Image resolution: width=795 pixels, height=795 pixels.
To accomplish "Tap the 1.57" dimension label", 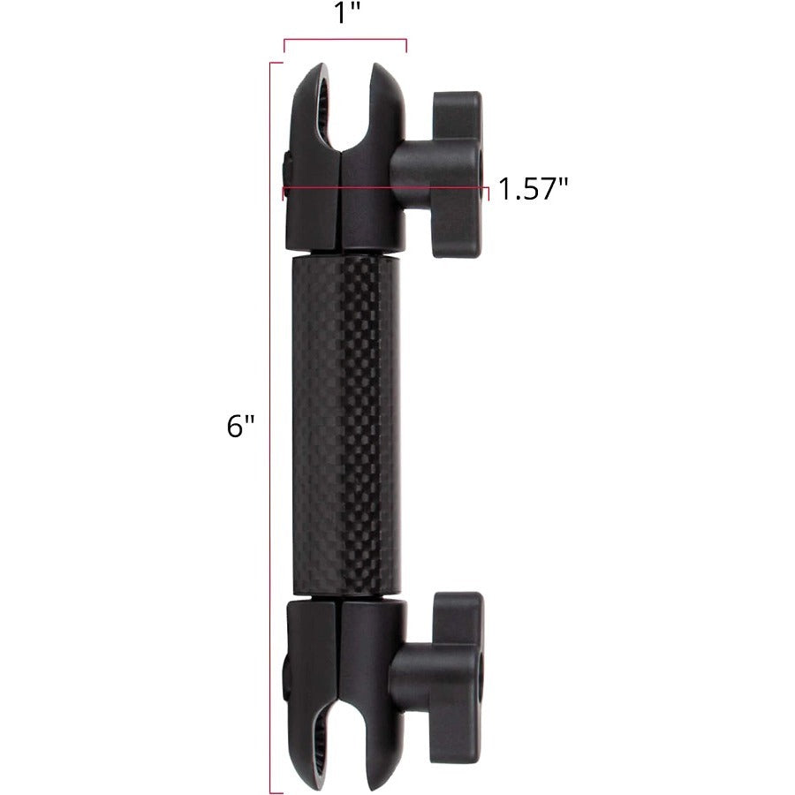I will point(533,189).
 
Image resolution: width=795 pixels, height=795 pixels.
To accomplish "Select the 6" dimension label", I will point(240,426).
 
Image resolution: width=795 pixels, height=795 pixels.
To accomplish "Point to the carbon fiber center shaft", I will point(344,424).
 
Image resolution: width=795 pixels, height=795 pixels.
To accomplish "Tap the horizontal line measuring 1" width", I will point(344,40).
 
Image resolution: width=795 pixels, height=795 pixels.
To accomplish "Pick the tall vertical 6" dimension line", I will point(270,424).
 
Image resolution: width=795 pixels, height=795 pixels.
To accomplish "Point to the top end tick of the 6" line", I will point(276,64).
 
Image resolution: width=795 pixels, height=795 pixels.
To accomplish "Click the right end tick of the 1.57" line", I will point(488,189).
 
